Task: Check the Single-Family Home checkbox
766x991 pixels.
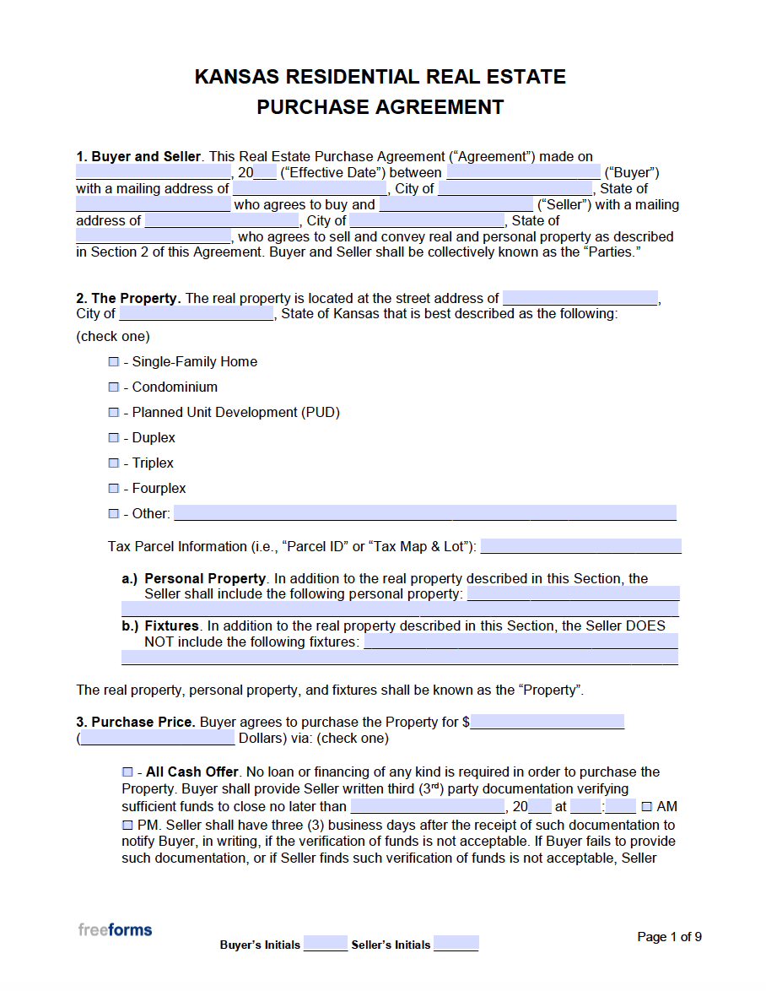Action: [114, 361]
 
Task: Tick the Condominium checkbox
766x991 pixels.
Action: [114, 387]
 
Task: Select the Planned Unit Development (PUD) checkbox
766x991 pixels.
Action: [114, 412]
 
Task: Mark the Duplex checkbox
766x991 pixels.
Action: [114, 437]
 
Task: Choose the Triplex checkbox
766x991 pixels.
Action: [114, 463]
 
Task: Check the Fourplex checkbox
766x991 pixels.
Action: [114, 488]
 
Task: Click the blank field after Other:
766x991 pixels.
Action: [424, 512]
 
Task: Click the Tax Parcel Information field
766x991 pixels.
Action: [580, 546]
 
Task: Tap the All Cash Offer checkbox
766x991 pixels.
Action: [127, 772]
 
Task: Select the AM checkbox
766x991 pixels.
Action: [647, 806]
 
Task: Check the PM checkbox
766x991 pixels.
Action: [127, 824]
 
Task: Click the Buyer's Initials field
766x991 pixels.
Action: [326, 943]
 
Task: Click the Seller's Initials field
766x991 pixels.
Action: [456, 943]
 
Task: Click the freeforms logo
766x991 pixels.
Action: [116, 929]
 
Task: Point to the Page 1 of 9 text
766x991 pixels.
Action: [669, 936]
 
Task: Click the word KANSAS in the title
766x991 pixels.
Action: [237, 77]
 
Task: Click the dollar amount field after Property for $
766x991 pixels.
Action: [548, 722]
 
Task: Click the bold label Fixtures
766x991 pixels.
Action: [171, 625]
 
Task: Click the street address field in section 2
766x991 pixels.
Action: [580, 297]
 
